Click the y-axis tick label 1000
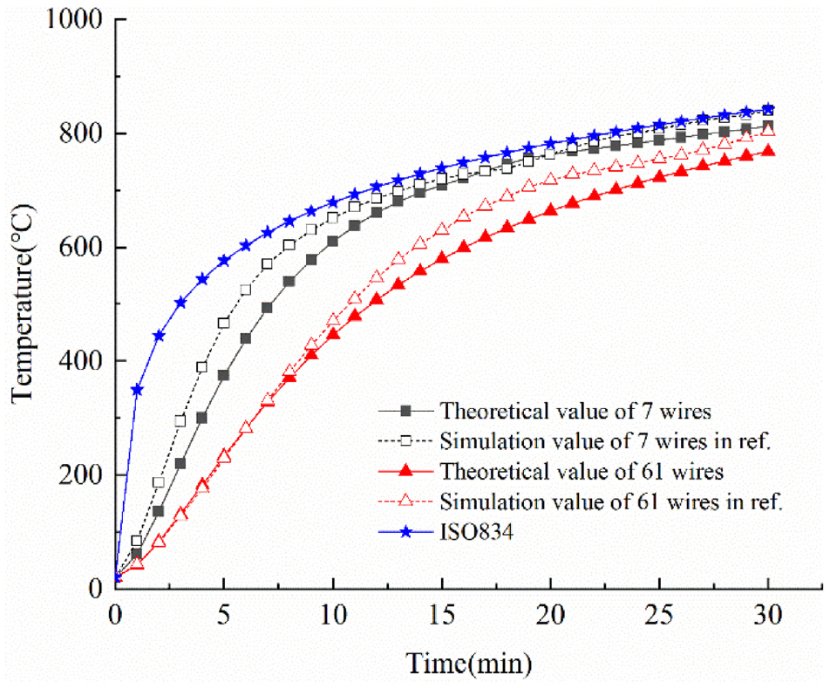pos(73,19)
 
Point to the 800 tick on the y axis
pos(80,133)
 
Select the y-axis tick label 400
pos(80,361)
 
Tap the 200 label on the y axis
pos(80,474)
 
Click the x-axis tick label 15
pos(441,615)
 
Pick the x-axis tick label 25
pos(659,615)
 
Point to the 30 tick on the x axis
pos(767,615)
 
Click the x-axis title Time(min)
pos(469,663)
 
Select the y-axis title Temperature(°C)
pos(23,304)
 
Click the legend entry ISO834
pos(476,532)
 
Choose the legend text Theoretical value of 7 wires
pos(575,411)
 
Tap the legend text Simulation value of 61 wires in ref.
pos(611,501)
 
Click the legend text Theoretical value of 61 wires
pos(582,471)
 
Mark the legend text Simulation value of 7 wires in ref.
pos(605,441)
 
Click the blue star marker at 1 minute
pos(137,390)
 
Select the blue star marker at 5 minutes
pos(224,261)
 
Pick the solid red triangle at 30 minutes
pos(768,152)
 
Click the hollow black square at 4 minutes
pos(201,367)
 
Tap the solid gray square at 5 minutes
pos(223,375)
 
